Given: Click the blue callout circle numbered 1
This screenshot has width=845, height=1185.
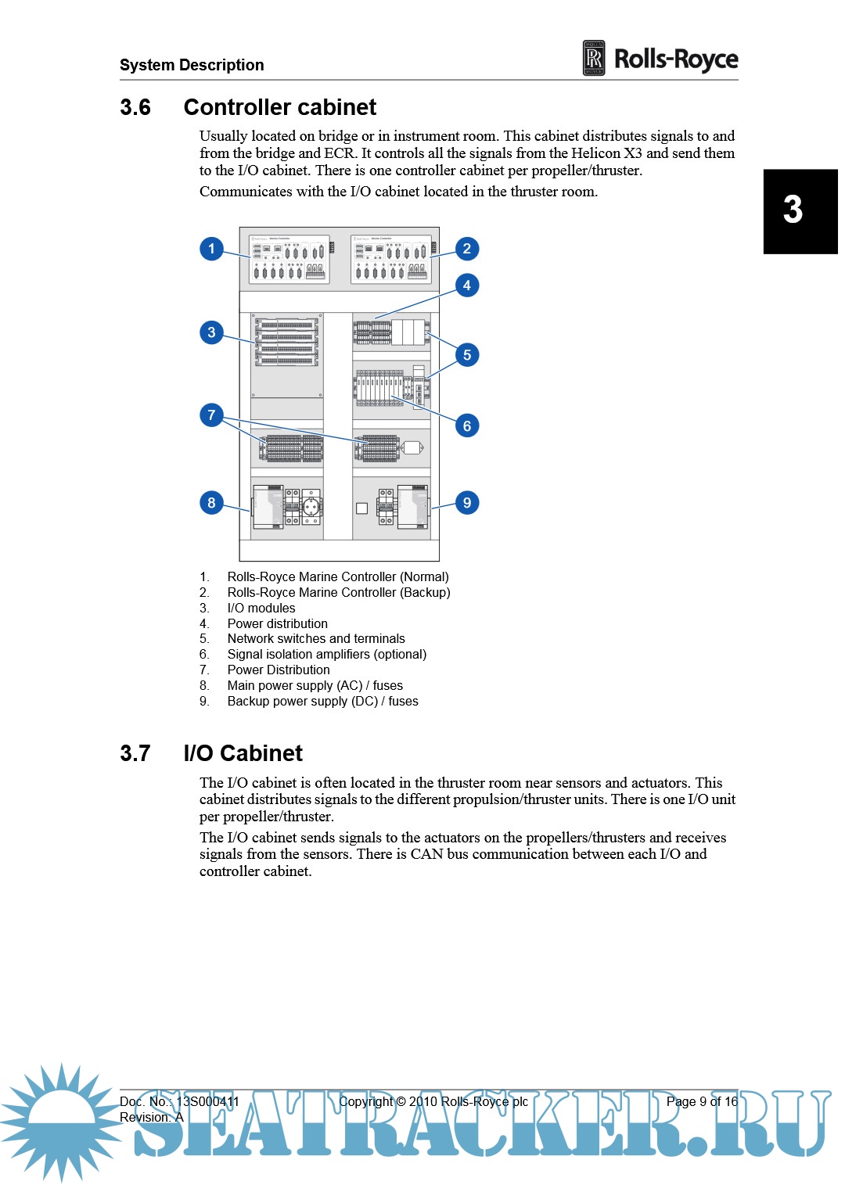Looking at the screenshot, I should tap(211, 249).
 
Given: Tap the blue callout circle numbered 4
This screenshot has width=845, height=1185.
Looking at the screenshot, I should tap(467, 285).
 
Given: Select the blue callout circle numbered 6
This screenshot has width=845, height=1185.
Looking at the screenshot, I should tap(467, 426).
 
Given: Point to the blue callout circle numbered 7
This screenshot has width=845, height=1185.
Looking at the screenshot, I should tap(211, 415).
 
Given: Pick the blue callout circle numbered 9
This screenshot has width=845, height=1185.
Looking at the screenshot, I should tap(467, 502).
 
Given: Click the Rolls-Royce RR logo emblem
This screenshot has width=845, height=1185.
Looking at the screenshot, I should tap(594, 59).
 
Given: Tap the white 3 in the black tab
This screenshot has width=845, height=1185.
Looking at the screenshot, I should tap(793, 210).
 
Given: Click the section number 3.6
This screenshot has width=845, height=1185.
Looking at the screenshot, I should tap(135, 107).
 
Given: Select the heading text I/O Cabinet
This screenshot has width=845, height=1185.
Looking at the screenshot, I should tap(243, 753).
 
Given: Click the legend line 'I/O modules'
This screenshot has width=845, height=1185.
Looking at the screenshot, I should tap(261, 608).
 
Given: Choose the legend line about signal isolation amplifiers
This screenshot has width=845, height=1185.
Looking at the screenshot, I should tap(326, 654).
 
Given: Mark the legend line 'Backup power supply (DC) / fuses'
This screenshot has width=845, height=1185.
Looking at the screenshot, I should tap(322, 701).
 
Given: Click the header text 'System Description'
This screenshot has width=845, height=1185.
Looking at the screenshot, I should tap(192, 65).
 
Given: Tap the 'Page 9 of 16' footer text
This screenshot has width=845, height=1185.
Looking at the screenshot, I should tap(702, 1101).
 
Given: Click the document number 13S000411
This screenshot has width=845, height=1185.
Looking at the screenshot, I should tap(207, 1101).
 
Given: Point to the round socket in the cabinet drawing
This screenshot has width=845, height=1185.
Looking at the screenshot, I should tap(311, 506).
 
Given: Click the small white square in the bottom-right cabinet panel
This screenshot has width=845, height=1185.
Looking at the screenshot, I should tap(361, 508).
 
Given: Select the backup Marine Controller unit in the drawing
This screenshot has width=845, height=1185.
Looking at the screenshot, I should tap(390, 259).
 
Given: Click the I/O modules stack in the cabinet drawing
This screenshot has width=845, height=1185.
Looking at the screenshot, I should tap(287, 341).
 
